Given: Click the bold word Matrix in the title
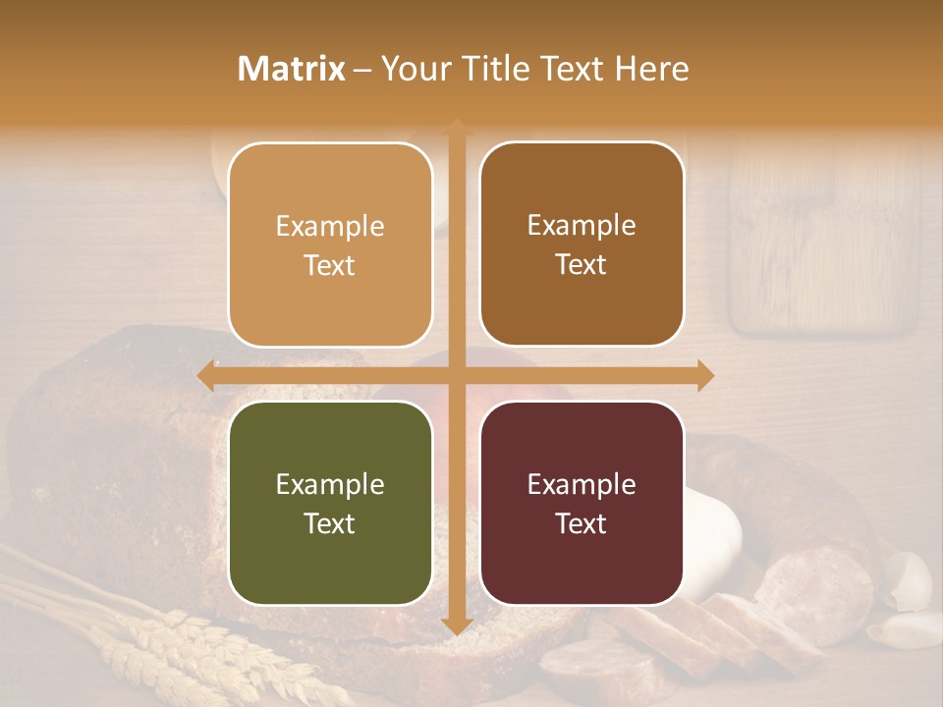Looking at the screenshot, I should [x=292, y=69].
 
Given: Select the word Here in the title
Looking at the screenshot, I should [x=651, y=69].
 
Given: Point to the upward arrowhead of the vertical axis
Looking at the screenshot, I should [x=456, y=128].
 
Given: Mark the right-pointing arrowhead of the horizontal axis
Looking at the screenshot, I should [x=704, y=375].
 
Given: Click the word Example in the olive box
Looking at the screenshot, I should [x=330, y=484].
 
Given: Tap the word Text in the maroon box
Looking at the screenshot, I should [x=582, y=523].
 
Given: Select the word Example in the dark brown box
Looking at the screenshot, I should [x=582, y=225].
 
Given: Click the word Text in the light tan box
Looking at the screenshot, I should [x=330, y=265].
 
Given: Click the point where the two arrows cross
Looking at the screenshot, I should [x=456, y=375].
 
